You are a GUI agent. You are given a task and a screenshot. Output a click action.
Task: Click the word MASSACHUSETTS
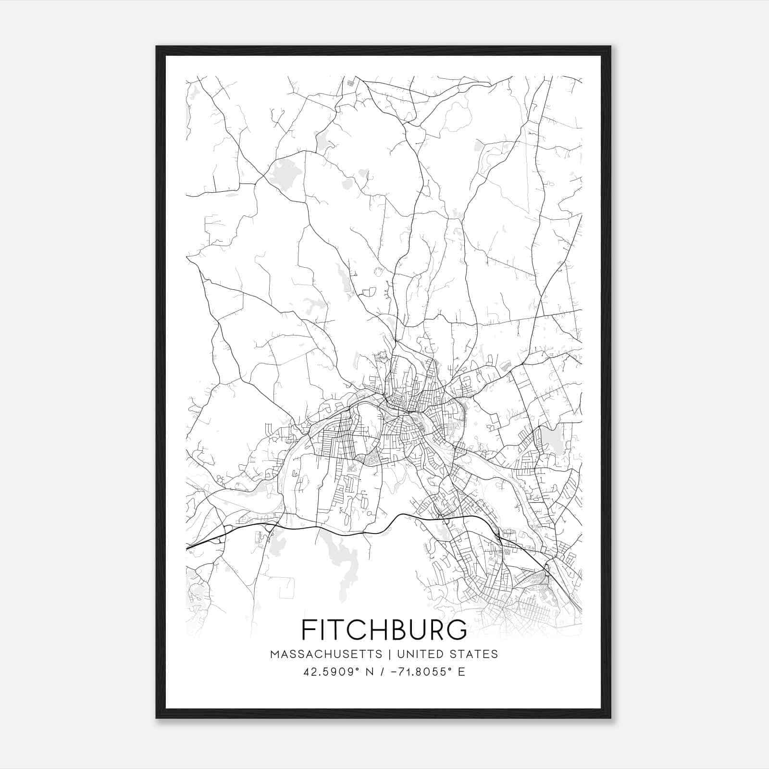pos(326,654)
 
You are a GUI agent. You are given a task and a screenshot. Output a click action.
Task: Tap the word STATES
pos(475,654)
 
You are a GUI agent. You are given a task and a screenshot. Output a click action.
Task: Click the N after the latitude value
pos(370,672)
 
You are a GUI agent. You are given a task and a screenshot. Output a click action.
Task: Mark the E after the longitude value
pos(461,672)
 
